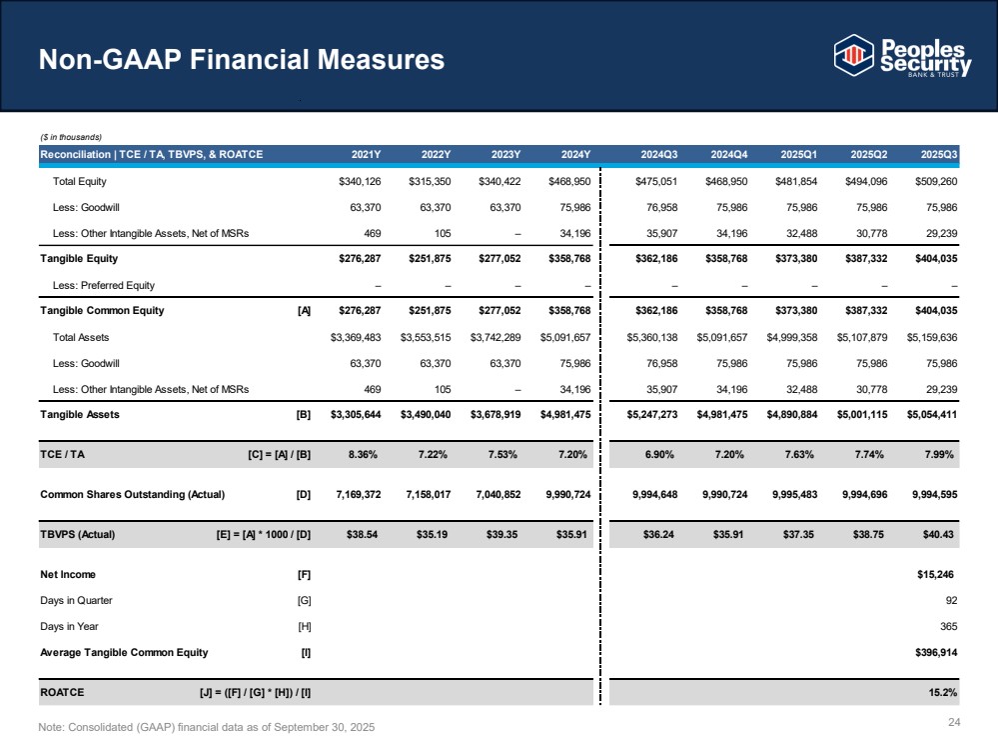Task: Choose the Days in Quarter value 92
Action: pyautogui.click(x=951, y=600)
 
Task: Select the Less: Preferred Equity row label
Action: pyautogui.click(x=104, y=285)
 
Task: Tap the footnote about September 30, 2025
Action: pyautogui.click(x=207, y=726)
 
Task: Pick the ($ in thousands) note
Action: pyautogui.click(x=71, y=136)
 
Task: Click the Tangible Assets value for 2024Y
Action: pyautogui.click(x=558, y=414)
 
